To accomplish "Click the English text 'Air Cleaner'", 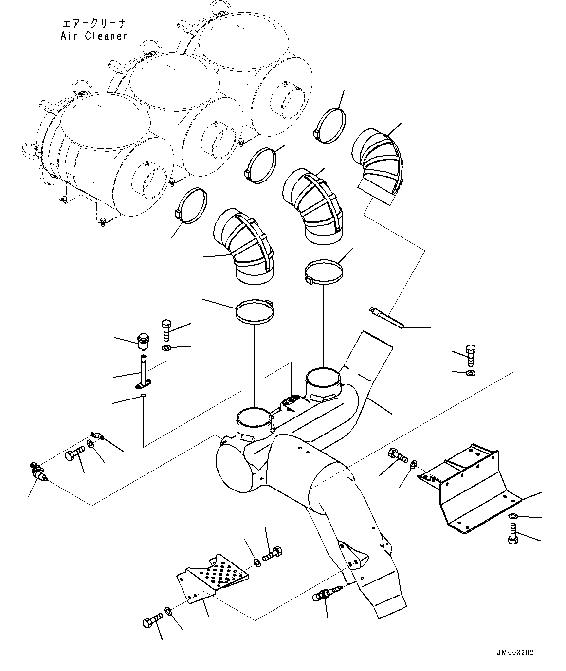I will point(94,36).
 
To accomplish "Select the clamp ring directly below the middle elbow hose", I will point(323,271).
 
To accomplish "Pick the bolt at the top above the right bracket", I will point(470,355).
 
